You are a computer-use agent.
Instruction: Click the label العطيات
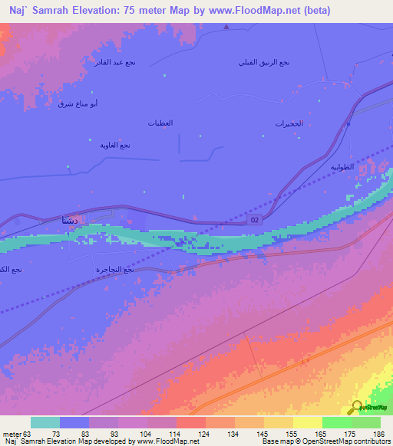tap(160, 123)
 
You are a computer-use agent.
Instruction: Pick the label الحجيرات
tap(289, 123)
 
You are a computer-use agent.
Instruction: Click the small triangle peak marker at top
tap(226, 28)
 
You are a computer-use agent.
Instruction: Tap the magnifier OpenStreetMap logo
tap(356, 408)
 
